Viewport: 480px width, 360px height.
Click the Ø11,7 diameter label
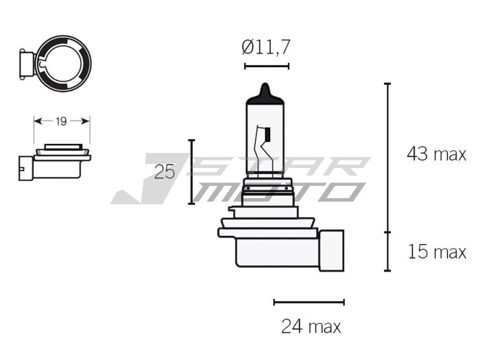(x=266, y=47)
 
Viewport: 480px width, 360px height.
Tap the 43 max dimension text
(x=436, y=154)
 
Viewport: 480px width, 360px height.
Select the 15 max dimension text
(x=436, y=252)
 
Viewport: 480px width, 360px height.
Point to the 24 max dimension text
(x=311, y=326)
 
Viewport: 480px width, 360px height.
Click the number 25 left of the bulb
(x=165, y=171)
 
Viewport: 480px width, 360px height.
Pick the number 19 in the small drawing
(x=61, y=121)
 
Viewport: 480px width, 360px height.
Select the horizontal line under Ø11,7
(x=267, y=67)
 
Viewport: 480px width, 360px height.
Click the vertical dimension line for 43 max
(x=387, y=158)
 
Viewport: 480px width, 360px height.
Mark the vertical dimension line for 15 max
(x=387, y=252)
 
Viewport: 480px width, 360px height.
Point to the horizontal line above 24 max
(x=309, y=302)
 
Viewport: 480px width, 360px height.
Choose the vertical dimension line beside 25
(x=192, y=171)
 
